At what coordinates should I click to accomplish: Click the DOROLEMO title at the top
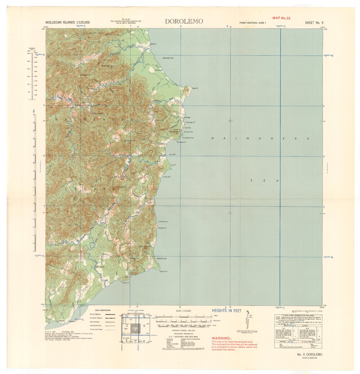(184, 21)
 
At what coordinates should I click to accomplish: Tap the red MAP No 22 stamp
(282, 18)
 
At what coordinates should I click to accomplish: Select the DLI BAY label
(172, 154)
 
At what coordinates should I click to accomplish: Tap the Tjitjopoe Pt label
(162, 228)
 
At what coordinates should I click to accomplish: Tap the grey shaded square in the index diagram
(135, 327)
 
